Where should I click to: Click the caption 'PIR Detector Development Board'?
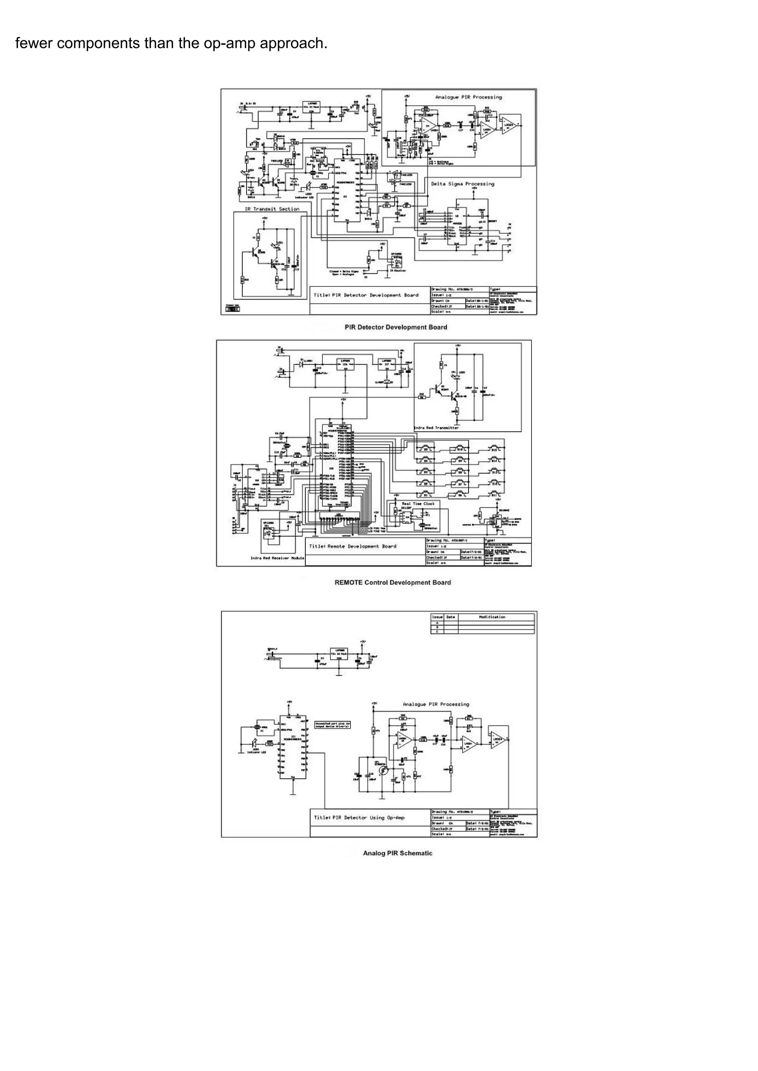coord(396,327)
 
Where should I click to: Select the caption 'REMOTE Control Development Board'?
coord(393,582)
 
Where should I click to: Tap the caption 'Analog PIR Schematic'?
coord(398,853)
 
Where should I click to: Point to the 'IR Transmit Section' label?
coord(272,209)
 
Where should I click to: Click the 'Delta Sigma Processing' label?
coord(462,184)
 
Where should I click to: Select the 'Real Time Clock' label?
coord(418,504)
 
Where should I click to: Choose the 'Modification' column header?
coord(492,616)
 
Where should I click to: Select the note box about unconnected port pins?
coord(332,725)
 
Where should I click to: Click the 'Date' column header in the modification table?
coord(450,616)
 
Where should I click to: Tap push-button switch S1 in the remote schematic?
coord(426,495)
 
